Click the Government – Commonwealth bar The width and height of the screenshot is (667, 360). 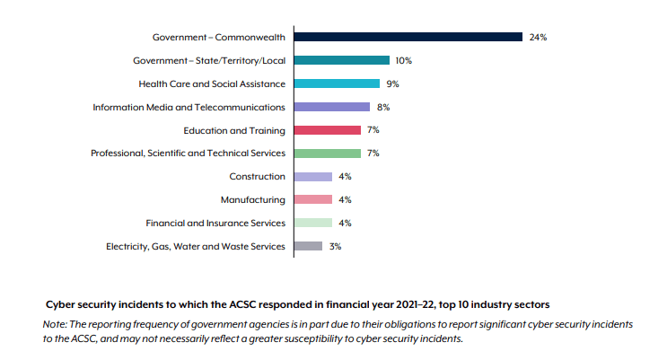pos(408,37)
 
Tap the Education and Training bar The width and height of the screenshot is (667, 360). pos(328,130)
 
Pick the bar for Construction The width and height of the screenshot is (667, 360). pos(313,177)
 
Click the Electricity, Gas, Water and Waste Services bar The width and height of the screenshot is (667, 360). pos(308,246)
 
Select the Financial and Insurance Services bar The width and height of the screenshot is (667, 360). pos(313,223)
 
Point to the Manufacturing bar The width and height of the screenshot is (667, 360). pos(313,199)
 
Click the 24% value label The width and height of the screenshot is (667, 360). pos(538,38)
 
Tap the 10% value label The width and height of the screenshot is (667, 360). pos(403,61)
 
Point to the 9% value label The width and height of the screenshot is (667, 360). pos(392,84)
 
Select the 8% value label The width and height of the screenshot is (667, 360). pos(382,108)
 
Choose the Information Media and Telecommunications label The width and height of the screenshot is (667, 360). pos(189,107)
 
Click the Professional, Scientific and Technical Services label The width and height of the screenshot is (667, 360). pos(189,154)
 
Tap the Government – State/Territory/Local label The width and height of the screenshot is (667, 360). pos(209,60)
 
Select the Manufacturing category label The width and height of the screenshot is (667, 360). pos(253,199)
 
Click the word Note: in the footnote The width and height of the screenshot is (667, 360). pos(54,322)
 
